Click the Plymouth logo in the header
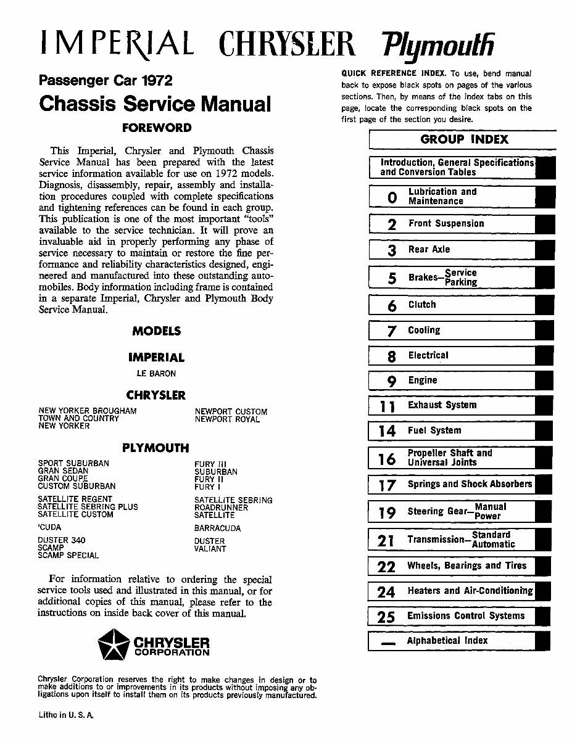(439, 44)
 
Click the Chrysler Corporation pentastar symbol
(114, 644)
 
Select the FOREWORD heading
(157, 128)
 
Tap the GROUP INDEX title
(464, 139)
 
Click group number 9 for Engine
(391, 381)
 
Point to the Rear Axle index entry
(429, 249)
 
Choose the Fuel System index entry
(434, 430)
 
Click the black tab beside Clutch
(544, 305)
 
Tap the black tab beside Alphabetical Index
(542, 641)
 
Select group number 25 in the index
(386, 617)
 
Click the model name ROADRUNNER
(221, 508)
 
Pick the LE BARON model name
(156, 374)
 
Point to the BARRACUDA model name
(217, 528)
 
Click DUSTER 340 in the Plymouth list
(62, 540)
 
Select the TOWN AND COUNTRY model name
(78, 418)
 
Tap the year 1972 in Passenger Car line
(156, 81)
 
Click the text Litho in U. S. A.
(65, 715)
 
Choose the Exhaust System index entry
(442, 405)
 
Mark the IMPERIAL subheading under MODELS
(156, 358)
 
